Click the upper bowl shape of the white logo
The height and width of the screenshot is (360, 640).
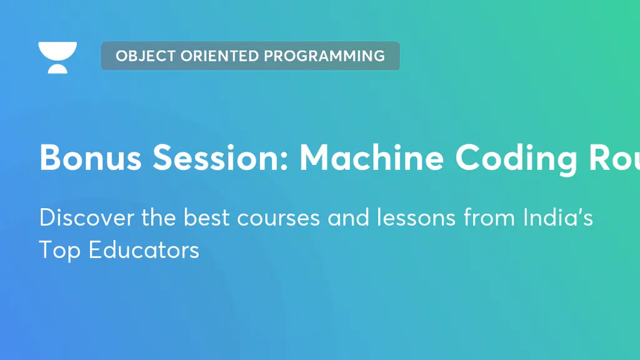[x=57, y=50]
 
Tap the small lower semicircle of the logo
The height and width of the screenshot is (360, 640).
[x=57, y=69]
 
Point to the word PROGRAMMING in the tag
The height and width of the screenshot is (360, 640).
[x=324, y=56]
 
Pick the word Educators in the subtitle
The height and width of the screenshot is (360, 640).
[x=143, y=250]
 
